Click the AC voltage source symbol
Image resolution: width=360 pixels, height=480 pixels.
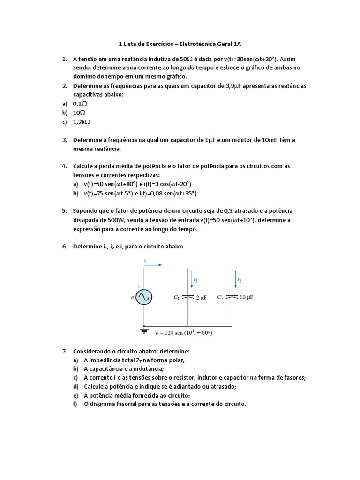[x=143, y=297]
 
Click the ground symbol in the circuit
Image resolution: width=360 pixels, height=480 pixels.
[x=144, y=330]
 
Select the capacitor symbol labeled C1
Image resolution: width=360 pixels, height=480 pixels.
[x=188, y=297]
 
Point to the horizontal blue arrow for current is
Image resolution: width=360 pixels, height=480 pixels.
[x=152, y=265]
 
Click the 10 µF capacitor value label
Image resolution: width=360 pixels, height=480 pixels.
[x=247, y=297]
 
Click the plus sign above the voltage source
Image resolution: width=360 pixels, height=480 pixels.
[x=139, y=285]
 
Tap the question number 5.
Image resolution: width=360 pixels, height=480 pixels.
[x=64, y=211]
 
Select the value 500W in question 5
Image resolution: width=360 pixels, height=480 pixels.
[x=114, y=220]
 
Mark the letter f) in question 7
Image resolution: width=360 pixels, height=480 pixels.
[x=75, y=404]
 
